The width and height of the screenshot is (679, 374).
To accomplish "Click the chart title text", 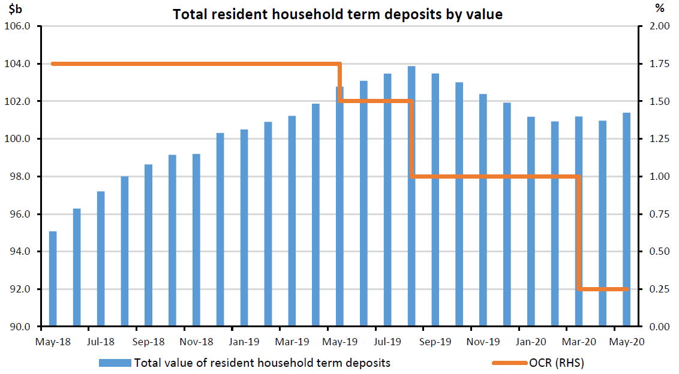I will pyautogui.click(x=338, y=14).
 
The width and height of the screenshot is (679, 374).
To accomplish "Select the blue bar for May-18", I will pyautogui.click(x=53, y=279).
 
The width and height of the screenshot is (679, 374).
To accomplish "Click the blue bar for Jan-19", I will pyautogui.click(x=244, y=228).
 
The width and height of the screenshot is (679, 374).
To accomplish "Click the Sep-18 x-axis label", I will pyautogui.click(x=148, y=342).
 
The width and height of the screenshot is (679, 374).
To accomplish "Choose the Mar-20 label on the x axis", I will pyautogui.click(x=579, y=342).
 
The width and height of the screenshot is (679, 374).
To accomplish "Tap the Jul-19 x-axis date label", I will pyautogui.click(x=387, y=342).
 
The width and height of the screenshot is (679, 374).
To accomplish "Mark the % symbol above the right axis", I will pyautogui.click(x=660, y=9).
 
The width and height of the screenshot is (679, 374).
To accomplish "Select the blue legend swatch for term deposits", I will pyautogui.click(x=115, y=363).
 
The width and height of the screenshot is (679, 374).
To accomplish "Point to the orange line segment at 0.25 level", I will pyautogui.click(x=603, y=289).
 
